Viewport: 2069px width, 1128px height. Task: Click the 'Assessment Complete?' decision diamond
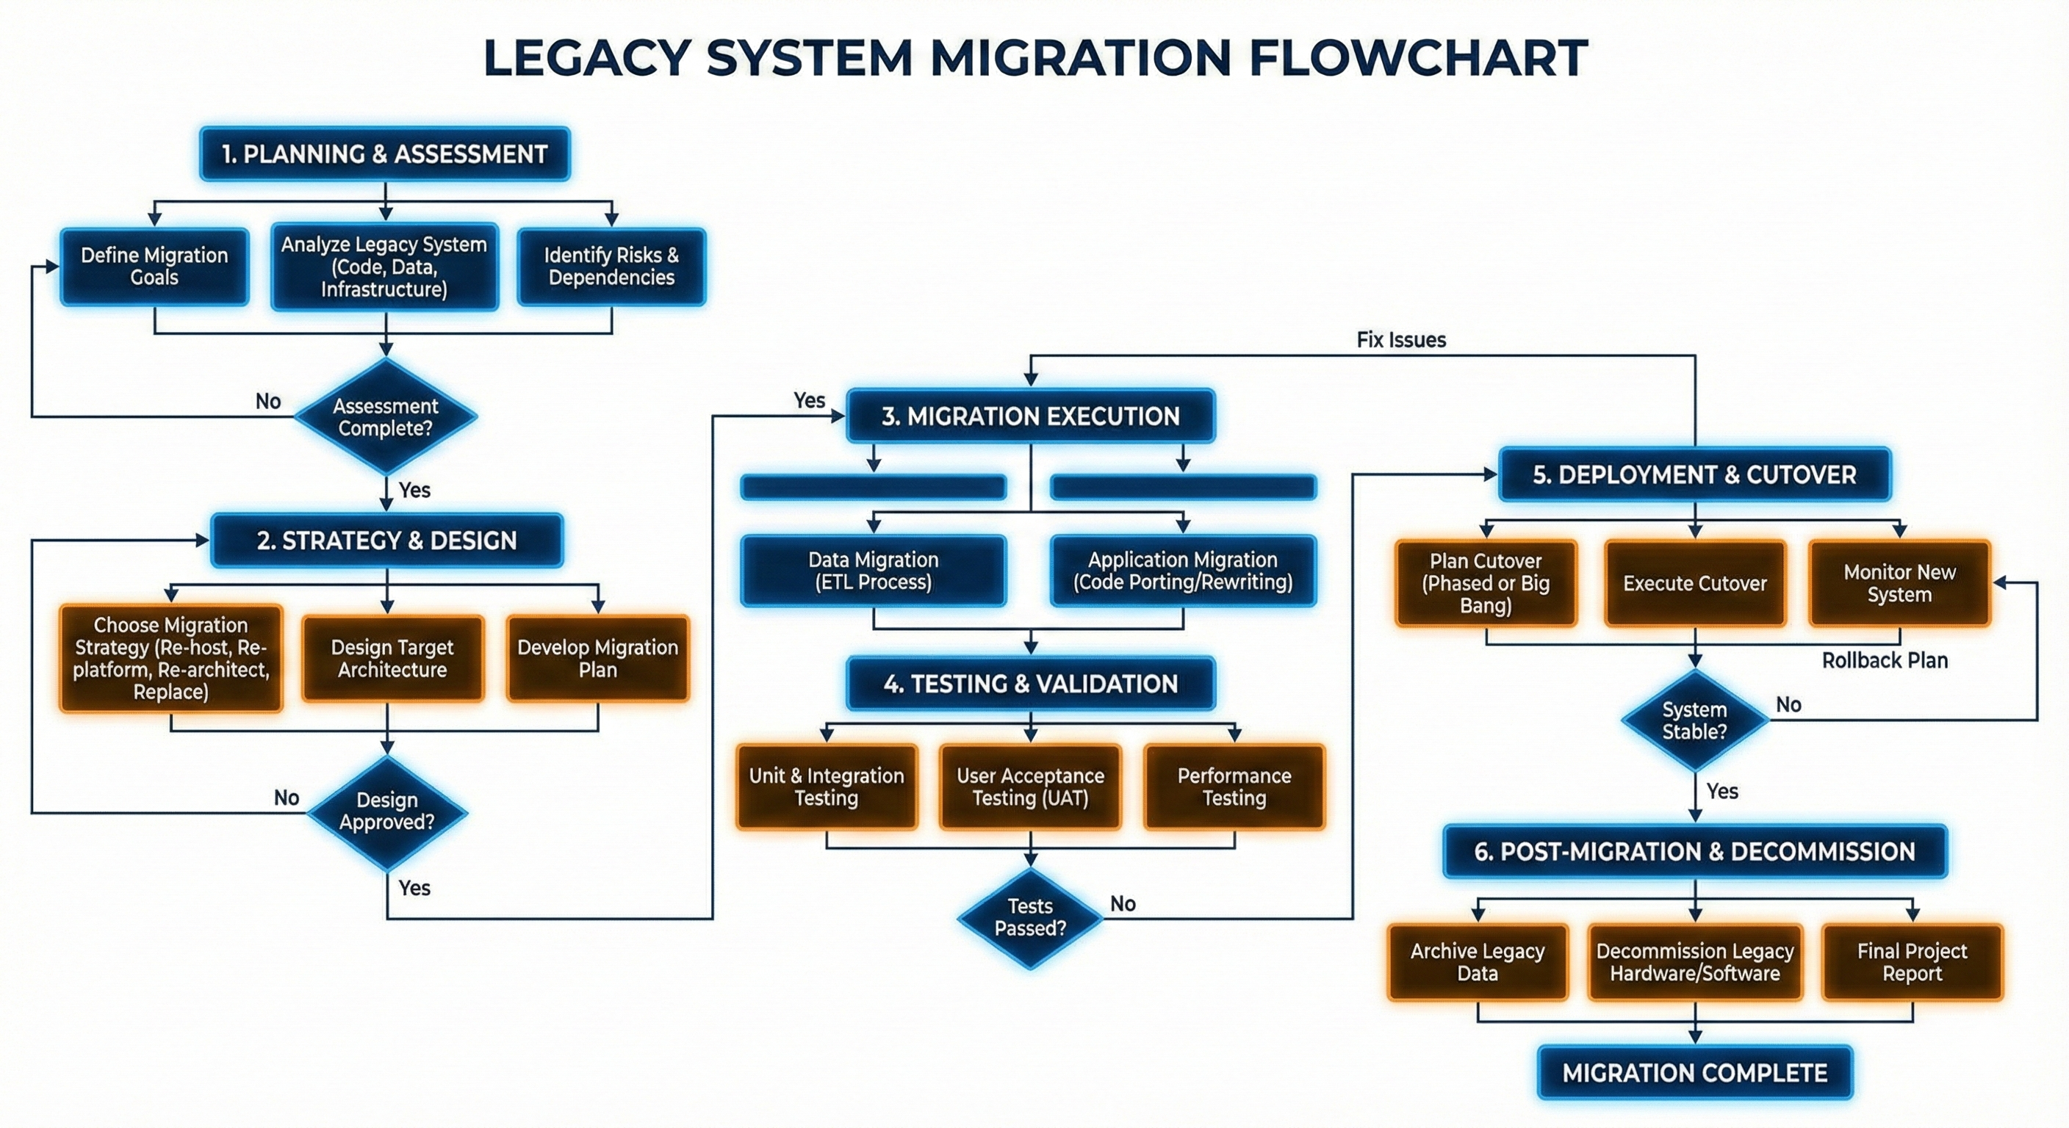(386, 416)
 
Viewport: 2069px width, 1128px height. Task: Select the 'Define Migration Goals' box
(154, 267)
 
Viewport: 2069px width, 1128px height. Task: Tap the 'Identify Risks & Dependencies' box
(611, 267)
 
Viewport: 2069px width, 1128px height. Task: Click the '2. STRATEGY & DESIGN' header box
(386, 540)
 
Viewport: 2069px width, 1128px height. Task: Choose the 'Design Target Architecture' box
(392, 658)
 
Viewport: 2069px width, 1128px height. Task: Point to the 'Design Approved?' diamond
(386, 811)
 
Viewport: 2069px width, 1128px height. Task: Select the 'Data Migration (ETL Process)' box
(873, 571)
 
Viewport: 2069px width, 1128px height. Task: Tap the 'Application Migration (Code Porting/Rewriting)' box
(1182, 571)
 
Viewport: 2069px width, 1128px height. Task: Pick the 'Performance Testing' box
(1234, 787)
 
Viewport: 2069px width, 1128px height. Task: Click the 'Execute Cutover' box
(1695, 584)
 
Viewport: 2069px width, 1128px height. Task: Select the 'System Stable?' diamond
(1695, 720)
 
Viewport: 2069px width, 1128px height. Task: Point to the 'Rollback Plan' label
(1885, 661)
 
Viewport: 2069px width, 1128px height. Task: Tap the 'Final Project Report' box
(1912, 962)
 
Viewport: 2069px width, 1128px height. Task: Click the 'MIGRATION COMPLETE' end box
(1695, 1073)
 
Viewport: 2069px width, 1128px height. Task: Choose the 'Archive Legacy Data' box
(1477, 962)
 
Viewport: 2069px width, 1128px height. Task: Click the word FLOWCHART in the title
(1417, 58)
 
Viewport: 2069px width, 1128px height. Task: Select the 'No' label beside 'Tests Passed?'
(1123, 904)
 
